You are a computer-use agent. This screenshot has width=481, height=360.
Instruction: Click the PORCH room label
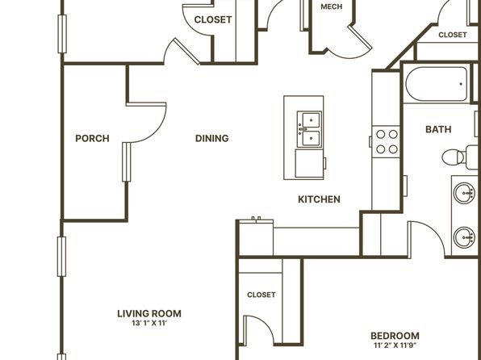[92, 138]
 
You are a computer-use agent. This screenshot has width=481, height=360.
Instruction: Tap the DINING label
[212, 138]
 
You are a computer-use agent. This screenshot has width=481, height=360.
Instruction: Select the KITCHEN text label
[319, 199]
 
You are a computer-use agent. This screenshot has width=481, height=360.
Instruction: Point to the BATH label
[438, 129]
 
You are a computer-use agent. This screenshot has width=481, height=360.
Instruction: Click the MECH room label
[332, 6]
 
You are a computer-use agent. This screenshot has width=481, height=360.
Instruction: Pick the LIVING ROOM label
[149, 314]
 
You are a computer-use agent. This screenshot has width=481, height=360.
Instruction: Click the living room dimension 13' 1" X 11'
[149, 323]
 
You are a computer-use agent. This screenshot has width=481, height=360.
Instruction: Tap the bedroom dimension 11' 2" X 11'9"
[395, 345]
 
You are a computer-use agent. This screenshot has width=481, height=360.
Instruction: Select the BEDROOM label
[395, 336]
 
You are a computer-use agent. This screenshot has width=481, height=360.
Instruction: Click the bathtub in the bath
[437, 84]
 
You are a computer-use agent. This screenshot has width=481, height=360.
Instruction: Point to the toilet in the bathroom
[459, 157]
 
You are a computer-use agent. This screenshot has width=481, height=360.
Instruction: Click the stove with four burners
[387, 142]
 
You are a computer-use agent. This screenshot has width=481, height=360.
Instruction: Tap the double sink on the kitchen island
[310, 129]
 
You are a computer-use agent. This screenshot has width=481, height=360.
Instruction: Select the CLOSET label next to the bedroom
[261, 295]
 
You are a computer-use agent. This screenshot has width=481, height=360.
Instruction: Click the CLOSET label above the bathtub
[453, 35]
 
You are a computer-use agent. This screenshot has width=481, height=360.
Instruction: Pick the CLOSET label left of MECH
[213, 19]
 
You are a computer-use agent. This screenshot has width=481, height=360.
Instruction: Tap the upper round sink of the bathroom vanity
[464, 193]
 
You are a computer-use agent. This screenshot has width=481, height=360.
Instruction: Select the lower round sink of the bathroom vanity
[464, 237]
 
